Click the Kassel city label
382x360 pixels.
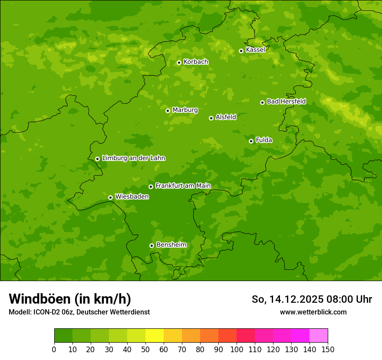point(255,50)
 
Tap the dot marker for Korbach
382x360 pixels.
point(179,62)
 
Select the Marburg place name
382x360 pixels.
point(185,110)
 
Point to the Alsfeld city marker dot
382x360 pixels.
point(211,118)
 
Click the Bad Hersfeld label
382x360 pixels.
point(286,101)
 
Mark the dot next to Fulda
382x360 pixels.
point(251,141)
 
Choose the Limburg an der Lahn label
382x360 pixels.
point(133,158)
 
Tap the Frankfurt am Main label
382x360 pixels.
point(183,186)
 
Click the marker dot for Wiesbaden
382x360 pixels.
point(110,197)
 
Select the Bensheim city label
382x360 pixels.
point(171,245)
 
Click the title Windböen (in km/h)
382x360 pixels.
point(70,299)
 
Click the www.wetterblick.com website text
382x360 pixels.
point(313,312)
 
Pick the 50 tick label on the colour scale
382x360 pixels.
point(145,349)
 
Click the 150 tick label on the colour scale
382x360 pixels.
point(328,349)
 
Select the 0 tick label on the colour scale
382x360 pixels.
point(54,349)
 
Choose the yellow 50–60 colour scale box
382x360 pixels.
point(155,336)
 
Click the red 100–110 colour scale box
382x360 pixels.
point(246,336)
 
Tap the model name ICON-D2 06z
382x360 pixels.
point(53,312)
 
